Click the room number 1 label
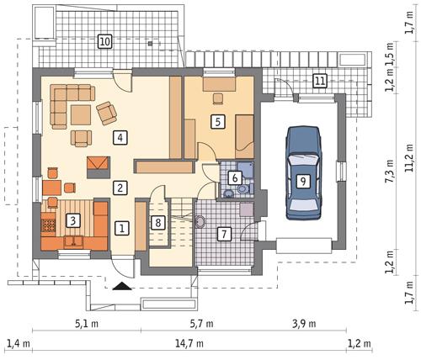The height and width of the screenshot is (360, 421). pos(122,227)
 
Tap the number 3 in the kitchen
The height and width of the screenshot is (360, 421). pos(74,221)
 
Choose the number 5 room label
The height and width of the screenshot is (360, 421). pos(217,122)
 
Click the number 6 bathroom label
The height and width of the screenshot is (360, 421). pos(235,177)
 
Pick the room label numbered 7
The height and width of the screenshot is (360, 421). pos(224,234)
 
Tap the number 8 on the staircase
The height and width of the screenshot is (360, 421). pos(157,223)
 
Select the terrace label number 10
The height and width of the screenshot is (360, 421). pos(104,40)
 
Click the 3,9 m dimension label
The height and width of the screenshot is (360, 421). pos(307,324)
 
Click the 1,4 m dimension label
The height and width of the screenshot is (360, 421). pos(17,344)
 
